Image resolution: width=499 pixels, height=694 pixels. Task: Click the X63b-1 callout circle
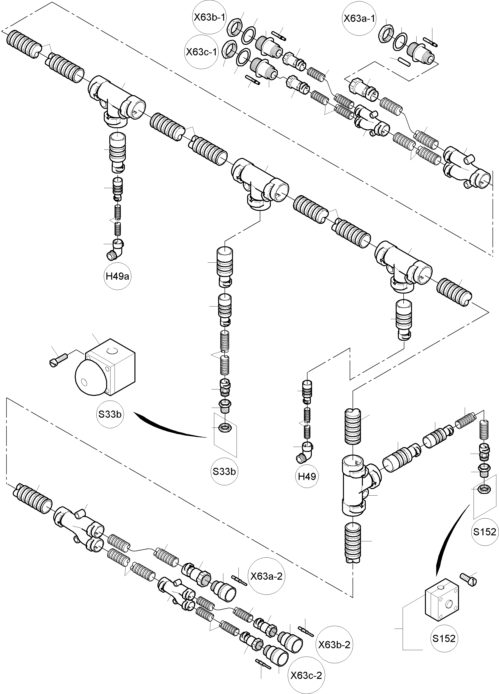(x=209, y=17)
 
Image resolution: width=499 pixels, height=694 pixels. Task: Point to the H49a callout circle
(x=117, y=276)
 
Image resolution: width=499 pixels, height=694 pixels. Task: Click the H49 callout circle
(x=307, y=476)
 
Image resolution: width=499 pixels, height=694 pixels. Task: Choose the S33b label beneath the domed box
(x=110, y=414)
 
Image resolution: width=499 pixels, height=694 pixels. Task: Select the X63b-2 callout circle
(x=334, y=645)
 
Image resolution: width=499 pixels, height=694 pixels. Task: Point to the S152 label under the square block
(x=444, y=639)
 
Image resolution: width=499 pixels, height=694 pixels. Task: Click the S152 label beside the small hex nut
(x=485, y=532)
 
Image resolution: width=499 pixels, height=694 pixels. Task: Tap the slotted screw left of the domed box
(x=58, y=360)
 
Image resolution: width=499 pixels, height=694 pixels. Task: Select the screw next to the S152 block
(x=469, y=579)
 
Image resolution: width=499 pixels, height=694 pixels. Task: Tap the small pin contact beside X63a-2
(x=240, y=579)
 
